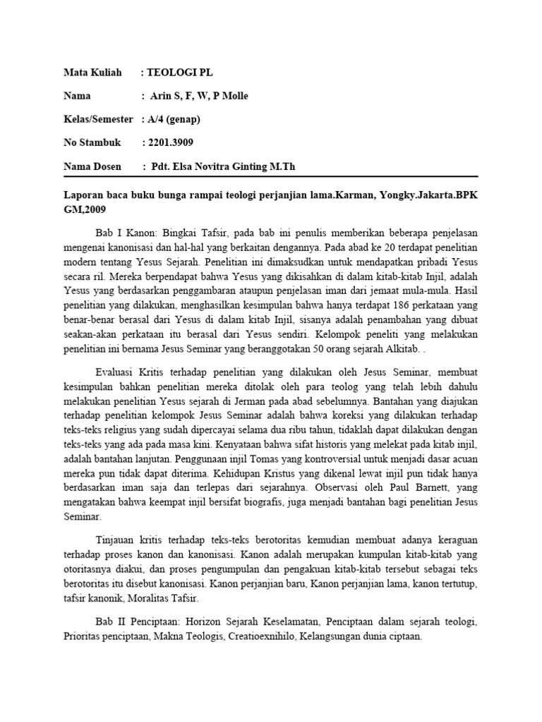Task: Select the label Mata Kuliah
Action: click(x=92, y=72)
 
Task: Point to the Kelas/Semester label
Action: click(x=99, y=119)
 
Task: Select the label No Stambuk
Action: click(x=92, y=143)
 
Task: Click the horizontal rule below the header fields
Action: click(x=271, y=176)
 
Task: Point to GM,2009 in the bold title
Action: click(x=88, y=209)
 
